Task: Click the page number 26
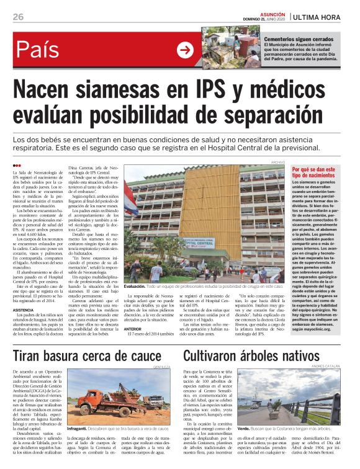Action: (19, 17)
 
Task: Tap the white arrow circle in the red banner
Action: (185, 50)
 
